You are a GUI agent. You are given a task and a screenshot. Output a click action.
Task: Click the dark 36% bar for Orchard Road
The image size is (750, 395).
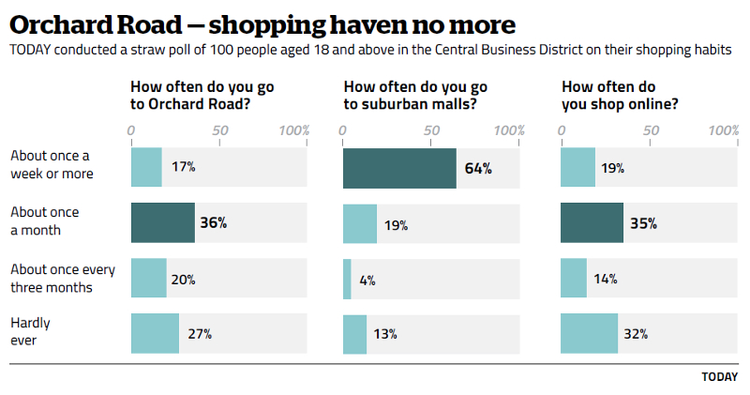162,222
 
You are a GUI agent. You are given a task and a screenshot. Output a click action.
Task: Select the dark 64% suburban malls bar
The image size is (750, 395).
399,168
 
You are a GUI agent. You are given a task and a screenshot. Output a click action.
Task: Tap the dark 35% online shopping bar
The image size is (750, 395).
592,222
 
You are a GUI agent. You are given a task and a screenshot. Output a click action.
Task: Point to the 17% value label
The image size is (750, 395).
183,168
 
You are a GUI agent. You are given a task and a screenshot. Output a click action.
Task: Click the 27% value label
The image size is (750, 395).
199,333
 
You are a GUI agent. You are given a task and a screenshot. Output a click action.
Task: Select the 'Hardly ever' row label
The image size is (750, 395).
30,331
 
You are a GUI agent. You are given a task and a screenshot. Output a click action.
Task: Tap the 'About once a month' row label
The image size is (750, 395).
45,221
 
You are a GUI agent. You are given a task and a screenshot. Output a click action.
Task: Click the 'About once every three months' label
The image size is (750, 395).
63,278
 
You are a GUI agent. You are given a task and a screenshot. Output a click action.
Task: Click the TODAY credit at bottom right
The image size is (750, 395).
719,376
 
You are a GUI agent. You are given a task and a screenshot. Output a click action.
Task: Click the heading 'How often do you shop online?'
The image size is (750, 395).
620,95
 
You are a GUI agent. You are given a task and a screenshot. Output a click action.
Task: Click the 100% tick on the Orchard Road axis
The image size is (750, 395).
294,130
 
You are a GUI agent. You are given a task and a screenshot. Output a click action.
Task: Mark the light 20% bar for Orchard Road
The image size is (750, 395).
148,279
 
